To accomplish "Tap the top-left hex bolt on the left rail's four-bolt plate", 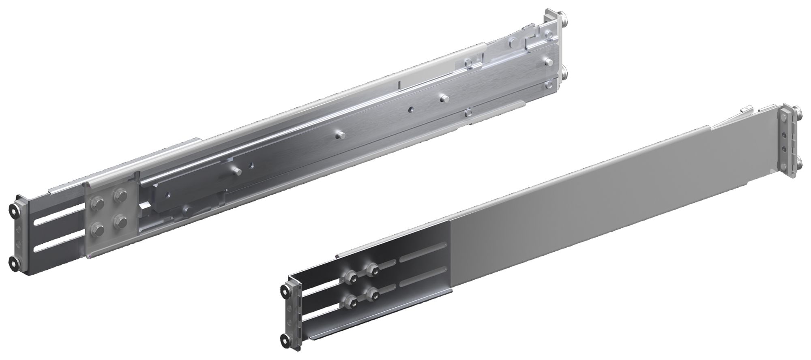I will (99, 202).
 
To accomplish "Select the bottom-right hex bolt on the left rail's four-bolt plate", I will (120, 221).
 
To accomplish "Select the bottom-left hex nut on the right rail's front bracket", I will (348, 300).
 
